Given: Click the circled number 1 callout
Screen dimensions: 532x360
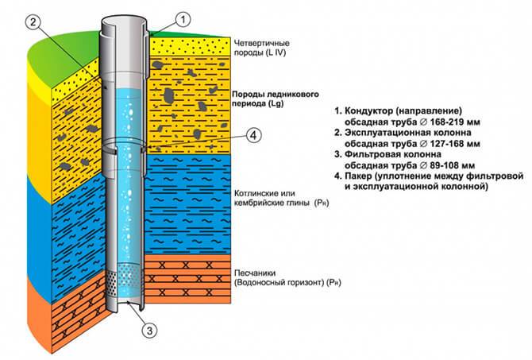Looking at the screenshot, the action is (x=183, y=20).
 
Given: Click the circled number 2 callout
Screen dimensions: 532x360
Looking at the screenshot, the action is (x=33, y=22).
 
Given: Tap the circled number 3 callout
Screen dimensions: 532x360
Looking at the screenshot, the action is (x=149, y=330).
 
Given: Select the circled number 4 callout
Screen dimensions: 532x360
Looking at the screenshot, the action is (x=253, y=136).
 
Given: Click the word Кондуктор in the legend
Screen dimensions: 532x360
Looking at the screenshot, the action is (x=368, y=110).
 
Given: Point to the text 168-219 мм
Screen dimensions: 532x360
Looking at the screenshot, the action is (x=455, y=122).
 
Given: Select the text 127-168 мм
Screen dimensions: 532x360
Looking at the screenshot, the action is (x=455, y=144).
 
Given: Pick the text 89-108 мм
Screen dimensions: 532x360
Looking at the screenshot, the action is (x=453, y=165).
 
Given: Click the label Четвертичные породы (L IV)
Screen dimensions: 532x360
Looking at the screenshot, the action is (x=261, y=48).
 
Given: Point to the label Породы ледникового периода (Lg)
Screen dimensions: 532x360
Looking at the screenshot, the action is (x=276, y=99).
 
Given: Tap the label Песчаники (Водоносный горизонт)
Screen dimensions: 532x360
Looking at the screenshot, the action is (x=287, y=278).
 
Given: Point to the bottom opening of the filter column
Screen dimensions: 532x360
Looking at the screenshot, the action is (x=129, y=303).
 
